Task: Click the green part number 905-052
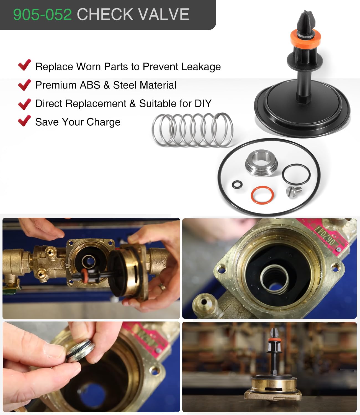(42, 14)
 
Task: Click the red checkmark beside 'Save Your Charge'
(25, 121)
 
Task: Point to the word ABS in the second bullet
(90, 85)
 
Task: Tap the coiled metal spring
(192, 130)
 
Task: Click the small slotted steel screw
(294, 192)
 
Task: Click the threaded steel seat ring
(261, 163)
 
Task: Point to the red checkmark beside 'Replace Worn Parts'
(25, 65)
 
